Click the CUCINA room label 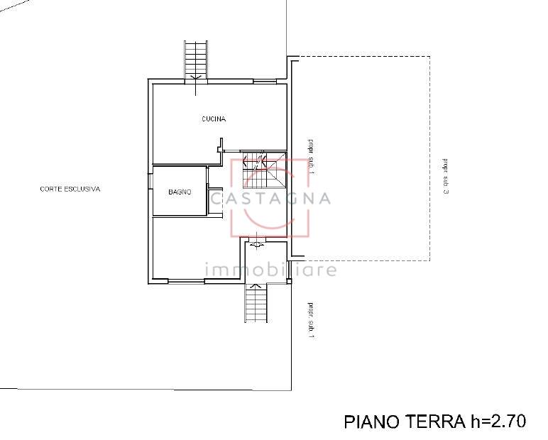coord(214,119)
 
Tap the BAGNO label coord(180,192)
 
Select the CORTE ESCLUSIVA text coord(70,189)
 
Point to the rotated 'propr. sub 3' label coord(446,177)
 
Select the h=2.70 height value coord(497,421)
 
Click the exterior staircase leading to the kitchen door coord(196,60)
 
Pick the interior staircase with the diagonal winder coord(264,169)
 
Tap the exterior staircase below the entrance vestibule coord(256,302)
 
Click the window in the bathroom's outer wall coord(150,182)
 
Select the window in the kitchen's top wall coord(265,82)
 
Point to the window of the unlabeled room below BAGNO coord(186,280)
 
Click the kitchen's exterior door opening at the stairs coord(196,82)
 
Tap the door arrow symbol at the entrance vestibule coord(256,243)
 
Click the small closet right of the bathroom coord(215,202)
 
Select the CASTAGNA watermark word coord(270,199)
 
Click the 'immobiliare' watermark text coord(270,270)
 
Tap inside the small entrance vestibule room coord(265,260)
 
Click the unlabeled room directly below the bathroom coord(196,248)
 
